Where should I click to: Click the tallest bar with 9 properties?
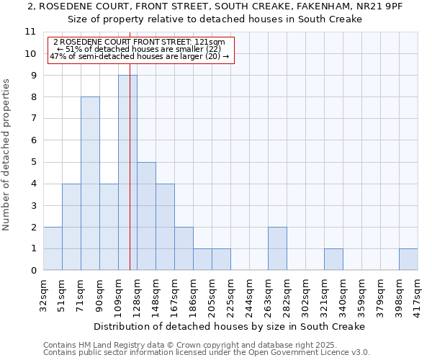coord(127,173)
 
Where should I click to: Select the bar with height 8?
coord(90,184)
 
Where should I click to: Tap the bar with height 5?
coord(146,216)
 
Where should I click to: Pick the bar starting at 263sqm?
coord(277,248)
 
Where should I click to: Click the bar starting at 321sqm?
coord(333,259)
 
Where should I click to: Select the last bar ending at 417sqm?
coord(408,259)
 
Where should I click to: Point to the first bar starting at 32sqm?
coord(53,248)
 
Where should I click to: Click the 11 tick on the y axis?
coord(30,32)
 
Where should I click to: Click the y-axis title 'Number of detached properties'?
coord(6,155)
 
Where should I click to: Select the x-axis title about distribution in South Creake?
coord(230,326)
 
